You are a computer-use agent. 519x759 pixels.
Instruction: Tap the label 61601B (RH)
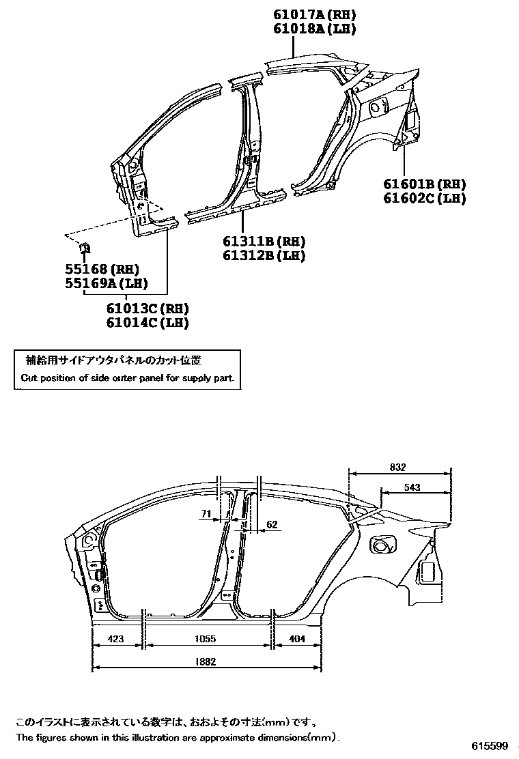pos(423,184)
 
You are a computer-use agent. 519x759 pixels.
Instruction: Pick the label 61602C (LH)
pos(423,198)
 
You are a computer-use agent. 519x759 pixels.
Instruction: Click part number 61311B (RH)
pos(264,242)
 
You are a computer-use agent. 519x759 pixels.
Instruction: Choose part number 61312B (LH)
pos(264,255)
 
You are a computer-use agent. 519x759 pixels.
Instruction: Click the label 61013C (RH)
pos(147,309)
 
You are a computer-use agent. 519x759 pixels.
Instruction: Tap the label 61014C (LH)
pos(147,323)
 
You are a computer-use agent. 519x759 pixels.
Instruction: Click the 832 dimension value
pos(397,468)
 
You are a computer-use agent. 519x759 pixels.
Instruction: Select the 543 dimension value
pos(412,487)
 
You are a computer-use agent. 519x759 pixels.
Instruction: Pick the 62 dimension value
pos(271,524)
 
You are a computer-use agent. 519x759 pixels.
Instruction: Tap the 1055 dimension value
pos(205,639)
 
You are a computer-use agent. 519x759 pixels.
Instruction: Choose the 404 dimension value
pos(298,639)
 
